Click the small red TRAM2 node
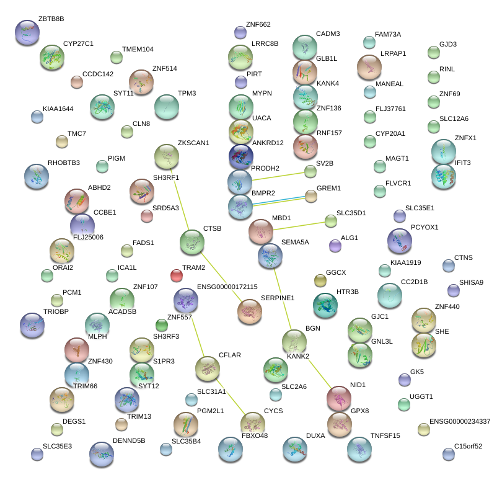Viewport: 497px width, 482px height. (x=176, y=275)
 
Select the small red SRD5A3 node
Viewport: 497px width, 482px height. (x=146, y=216)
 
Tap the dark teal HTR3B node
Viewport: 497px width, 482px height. (x=325, y=304)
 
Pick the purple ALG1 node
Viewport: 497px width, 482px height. (x=335, y=246)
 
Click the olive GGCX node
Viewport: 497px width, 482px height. (x=320, y=280)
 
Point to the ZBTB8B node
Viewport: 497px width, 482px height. (x=27, y=32)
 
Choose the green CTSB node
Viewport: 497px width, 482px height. (x=191, y=241)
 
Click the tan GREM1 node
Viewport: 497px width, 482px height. (x=310, y=196)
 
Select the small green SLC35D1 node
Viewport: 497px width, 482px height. (x=330, y=221)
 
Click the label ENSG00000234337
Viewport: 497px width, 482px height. (x=459, y=421)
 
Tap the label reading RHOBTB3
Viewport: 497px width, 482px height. (x=63, y=163)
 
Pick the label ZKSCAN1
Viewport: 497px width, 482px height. (x=193, y=143)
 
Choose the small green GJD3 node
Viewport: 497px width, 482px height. (x=433, y=52)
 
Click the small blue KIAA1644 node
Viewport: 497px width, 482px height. (x=37, y=116)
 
